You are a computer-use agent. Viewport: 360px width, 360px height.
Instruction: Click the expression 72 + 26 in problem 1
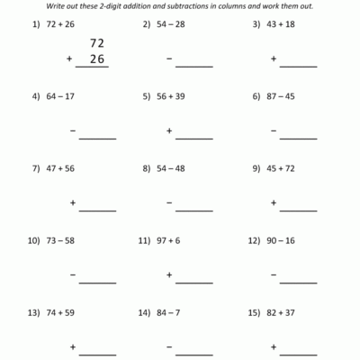[x=64, y=26]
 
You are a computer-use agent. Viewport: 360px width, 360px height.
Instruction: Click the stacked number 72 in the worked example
[x=97, y=42]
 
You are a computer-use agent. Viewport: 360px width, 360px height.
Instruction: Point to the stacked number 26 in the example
[x=97, y=58]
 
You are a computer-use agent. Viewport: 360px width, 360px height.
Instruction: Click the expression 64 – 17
[x=64, y=94]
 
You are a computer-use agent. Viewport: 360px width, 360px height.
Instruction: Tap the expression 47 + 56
[x=64, y=167]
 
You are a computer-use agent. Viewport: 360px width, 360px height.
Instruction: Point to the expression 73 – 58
[x=64, y=241]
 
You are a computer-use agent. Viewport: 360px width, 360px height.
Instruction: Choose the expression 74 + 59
[x=64, y=314]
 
